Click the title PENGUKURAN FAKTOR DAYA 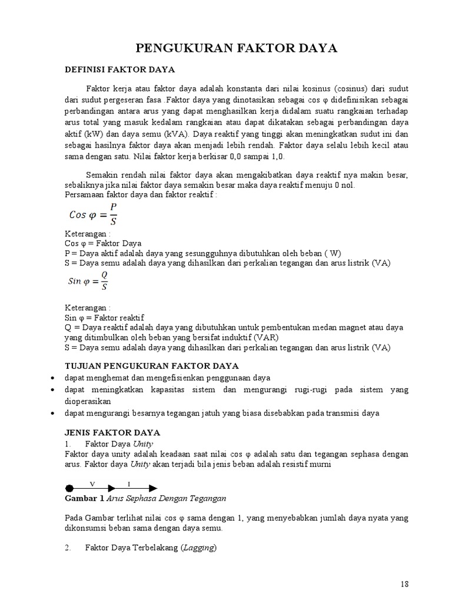pos(237,48)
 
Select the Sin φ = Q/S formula pos(88,281)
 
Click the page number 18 pos(404,584)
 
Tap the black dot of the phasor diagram pos(69,488)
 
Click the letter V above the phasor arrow pos(92,483)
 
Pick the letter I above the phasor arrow pos(129,483)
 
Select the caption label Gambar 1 pos(84,499)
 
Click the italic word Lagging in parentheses pos(199,548)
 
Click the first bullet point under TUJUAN pos(53,378)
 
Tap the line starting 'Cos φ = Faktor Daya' pos(102,243)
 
